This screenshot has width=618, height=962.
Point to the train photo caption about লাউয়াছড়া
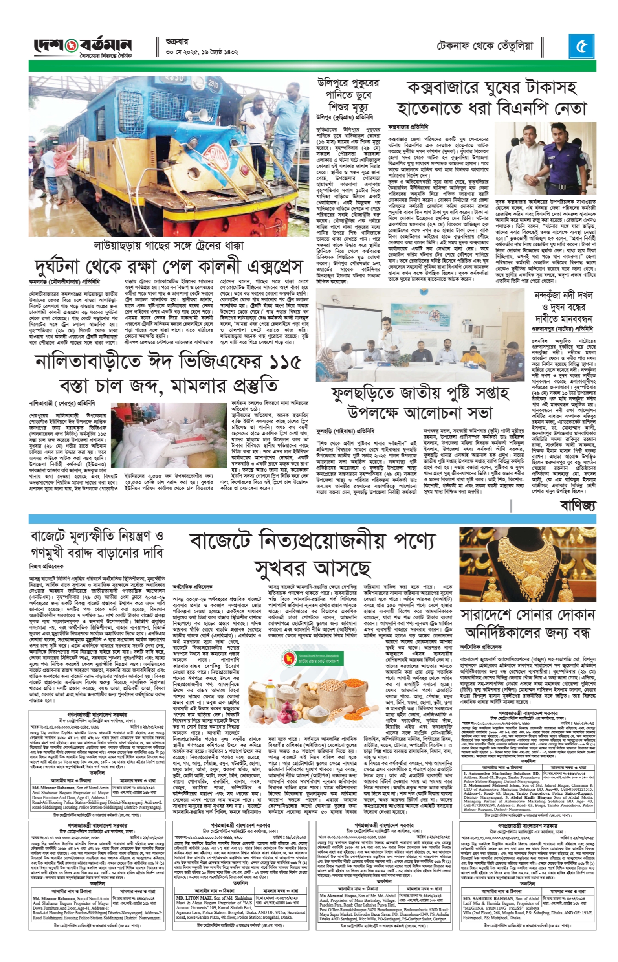(x=169, y=246)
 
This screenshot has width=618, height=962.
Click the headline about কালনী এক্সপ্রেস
(x=169, y=266)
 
